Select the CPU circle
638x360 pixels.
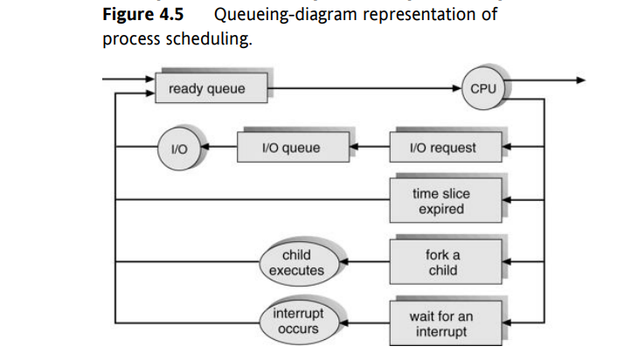click(482, 89)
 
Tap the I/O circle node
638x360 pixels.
click(177, 148)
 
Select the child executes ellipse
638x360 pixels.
click(303, 262)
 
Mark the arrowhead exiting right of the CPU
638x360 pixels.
click(579, 80)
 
